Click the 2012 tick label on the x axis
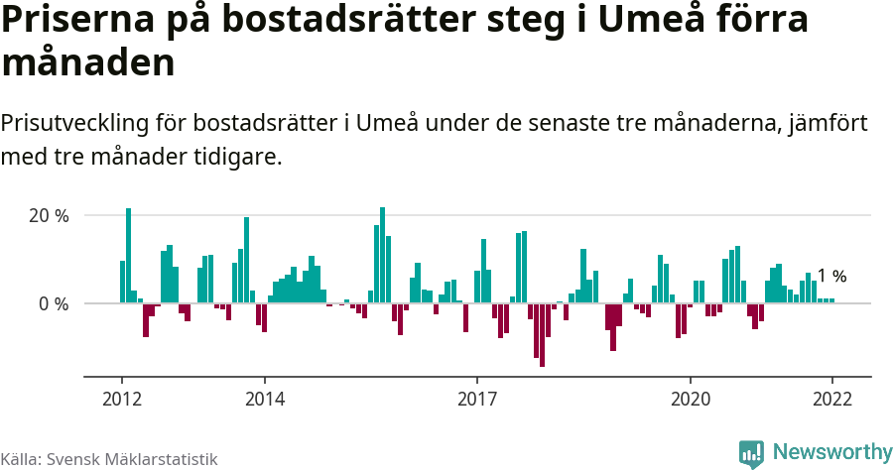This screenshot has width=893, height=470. [x=122, y=400]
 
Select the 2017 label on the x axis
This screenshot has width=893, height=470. [x=477, y=400]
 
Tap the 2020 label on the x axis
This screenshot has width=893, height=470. [x=690, y=400]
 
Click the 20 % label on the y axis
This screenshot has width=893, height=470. [x=49, y=216]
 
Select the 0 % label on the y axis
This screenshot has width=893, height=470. [x=54, y=303]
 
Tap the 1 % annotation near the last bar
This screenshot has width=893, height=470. [x=831, y=277]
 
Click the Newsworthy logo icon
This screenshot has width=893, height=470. [x=751, y=453]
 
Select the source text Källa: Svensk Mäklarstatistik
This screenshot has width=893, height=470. [x=109, y=459]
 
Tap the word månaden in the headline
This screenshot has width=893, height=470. [x=88, y=63]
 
